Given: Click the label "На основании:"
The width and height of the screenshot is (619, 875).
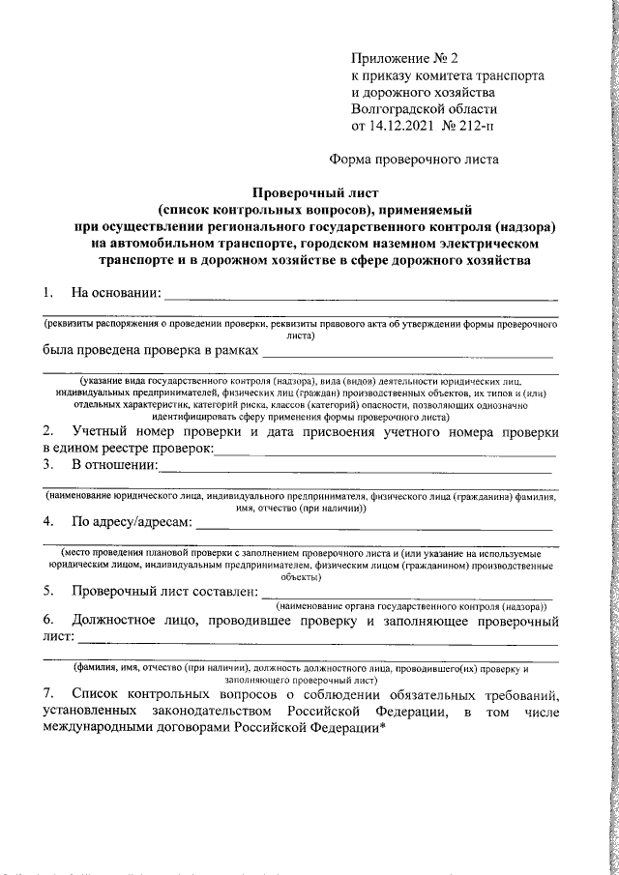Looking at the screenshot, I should point(115,292).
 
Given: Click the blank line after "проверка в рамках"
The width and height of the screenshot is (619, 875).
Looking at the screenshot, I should point(410,356).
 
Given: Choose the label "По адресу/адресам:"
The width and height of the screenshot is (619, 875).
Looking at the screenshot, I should point(133,523).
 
